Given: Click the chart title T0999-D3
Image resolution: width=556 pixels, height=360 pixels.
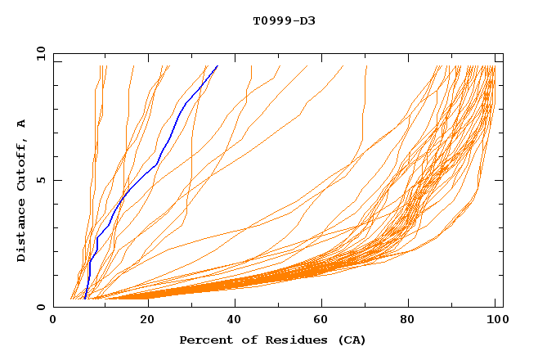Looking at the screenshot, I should coord(284,20).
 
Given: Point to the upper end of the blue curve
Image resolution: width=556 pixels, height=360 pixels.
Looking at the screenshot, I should coord(217,67).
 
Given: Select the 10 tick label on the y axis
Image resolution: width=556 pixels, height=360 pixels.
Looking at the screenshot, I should coord(38,53).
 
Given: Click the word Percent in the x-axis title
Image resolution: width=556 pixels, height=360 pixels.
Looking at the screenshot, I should coord(204,340).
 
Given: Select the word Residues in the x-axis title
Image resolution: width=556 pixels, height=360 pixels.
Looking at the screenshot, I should coord(284,340).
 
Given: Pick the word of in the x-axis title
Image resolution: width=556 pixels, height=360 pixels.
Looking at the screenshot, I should coord(243,340).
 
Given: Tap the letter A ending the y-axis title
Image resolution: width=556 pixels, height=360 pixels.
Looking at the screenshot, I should coord(22,124).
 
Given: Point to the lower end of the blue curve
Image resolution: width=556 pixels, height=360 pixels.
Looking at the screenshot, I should coord(85,299).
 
